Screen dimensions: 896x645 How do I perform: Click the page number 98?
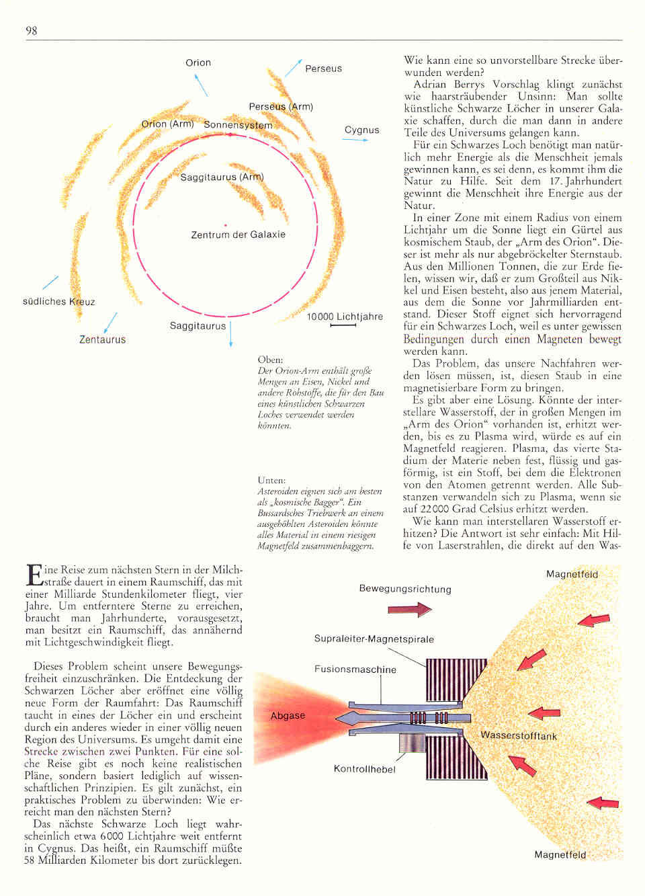pyautogui.click(x=31, y=30)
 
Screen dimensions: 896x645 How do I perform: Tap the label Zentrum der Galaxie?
pyautogui.click(x=238, y=235)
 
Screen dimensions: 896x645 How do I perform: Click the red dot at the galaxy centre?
pyautogui.click(x=226, y=225)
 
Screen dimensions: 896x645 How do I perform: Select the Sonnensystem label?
pyautogui.click(x=238, y=125)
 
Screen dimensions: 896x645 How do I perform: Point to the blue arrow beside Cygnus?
pyautogui.click(x=355, y=140)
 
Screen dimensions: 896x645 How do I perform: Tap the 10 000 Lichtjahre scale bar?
pyautogui.click(x=343, y=326)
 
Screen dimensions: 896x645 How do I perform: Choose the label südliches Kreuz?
pyautogui.click(x=58, y=302)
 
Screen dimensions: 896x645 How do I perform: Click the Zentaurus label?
pyautogui.click(x=102, y=339)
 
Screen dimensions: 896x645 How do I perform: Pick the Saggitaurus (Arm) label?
pyautogui.click(x=222, y=177)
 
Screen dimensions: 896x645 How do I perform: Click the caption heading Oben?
pyautogui.click(x=270, y=360)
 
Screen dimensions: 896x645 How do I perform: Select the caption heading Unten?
pyautogui.click(x=271, y=480)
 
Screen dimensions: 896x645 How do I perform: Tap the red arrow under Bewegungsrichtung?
pyautogui.click(x=409, y=609)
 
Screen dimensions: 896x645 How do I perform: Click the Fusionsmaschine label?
pyautogui.click(x=355, y=669)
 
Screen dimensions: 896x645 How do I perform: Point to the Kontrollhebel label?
pyautogui.click(x=364, y=769)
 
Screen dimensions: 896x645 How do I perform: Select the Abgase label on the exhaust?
pyautogui.click(x=288, y=716)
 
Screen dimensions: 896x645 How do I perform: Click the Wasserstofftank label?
pyautogui.click(x=518, y=735)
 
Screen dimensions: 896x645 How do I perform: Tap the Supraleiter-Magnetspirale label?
pyautogui.click(x=374, y=639)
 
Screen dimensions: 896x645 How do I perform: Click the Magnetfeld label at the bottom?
pyautogui.click(x=560, y=854)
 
